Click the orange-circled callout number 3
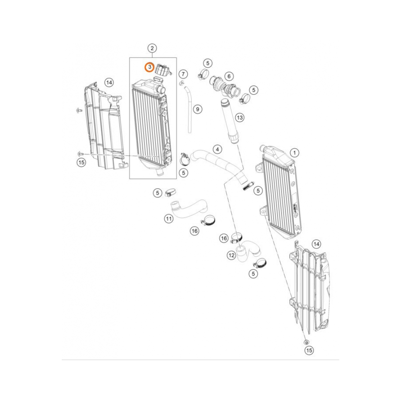pyautogui.click(x=149, y=67)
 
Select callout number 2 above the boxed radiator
pyautogui.click(x=152, y=49)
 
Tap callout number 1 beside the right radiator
pyautogui.click(x=295, y=153)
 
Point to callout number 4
pyautogui.click(x=217, y=150)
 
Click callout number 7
pyautogui.click(x=183, y=74)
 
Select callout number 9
pyautogui.click(x=197, y=109)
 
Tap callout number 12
pyautogui.click(x=231, y=255)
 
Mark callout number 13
pyautogui.click(x=239, y=117)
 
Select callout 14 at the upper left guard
pyautogui.click(x=109, y=83)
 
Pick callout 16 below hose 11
pyautogui.click(x=194, y=231)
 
